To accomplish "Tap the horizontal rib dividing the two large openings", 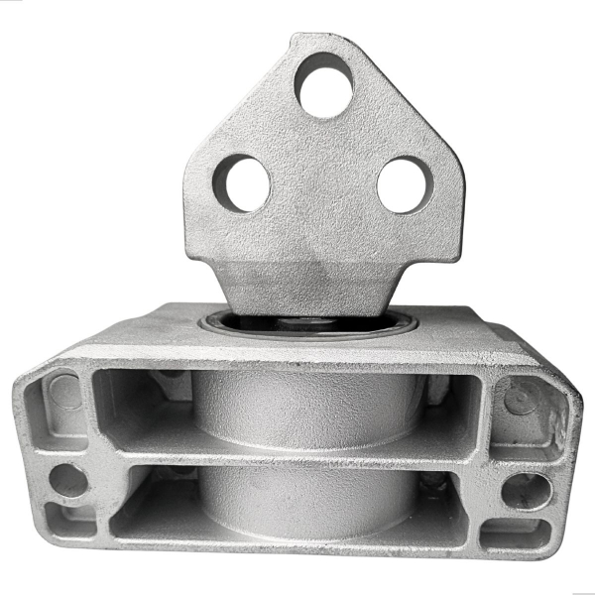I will click(297, 454).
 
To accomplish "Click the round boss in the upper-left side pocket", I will click(65, 393).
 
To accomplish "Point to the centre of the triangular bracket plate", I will click(323, 198).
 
